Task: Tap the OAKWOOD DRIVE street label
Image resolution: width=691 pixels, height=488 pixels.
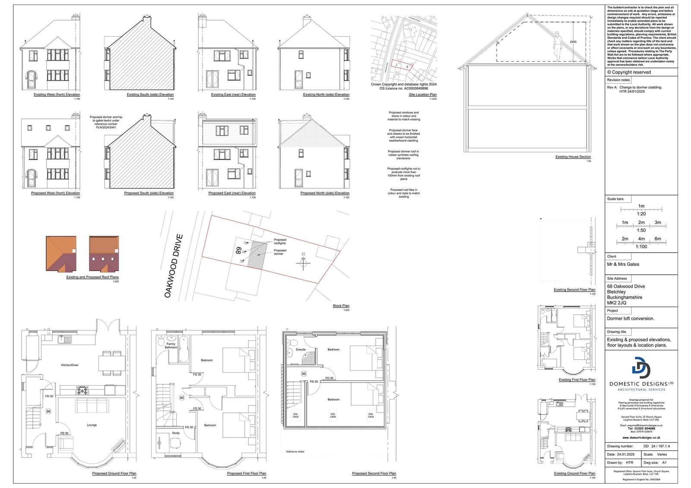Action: tap(174, 266)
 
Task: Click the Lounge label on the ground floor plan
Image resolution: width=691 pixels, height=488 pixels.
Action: tap(92, 425)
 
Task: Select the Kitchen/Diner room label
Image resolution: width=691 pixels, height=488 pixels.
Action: tap(70, 365)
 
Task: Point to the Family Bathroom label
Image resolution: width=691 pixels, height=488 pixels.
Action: tap(171, 345)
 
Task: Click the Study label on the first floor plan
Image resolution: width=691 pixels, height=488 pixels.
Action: tap(176, 433)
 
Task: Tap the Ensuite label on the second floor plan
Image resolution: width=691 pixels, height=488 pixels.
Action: tap(301, 349)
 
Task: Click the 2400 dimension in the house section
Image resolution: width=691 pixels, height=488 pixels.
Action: tap(573, 42)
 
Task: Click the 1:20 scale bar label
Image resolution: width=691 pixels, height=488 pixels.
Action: tap(641, 214)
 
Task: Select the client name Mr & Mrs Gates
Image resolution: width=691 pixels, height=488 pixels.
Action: tap(623, 264)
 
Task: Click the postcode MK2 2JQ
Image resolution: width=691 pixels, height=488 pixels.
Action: tap(617, 303)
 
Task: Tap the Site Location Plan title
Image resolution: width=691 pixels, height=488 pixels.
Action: tap(422, 95)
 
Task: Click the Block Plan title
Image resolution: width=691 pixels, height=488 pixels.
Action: tap(341, 306)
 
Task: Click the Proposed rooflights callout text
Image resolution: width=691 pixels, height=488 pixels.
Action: tap(280, 241)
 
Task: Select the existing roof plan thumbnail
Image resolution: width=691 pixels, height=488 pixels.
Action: tap(61, 251)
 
